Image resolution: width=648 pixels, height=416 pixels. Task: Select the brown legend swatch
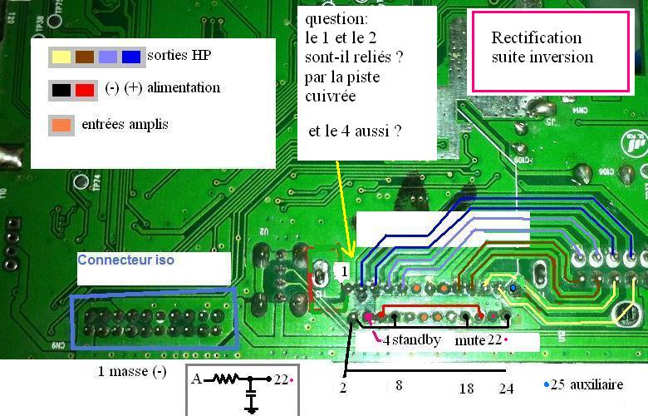84,57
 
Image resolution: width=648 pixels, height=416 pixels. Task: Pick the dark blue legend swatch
130,57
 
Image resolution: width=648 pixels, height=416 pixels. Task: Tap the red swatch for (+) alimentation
85,88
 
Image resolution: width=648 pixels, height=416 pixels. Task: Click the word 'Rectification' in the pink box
536,37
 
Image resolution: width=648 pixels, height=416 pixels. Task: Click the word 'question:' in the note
333,18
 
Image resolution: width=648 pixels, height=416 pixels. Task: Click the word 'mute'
469,340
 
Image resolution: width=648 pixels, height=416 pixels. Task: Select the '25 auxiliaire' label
592,385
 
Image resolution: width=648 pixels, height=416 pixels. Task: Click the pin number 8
399,387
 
